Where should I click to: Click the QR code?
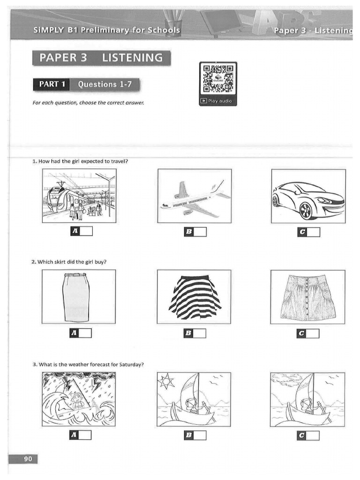(x=218, y=79)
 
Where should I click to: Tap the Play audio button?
(x=218, y=101)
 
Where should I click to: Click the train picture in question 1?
(x=79, y=195)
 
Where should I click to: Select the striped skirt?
(x=194, y=296)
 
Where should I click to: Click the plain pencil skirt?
(x=76, y=297)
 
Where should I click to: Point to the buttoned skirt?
(x=307, y=296)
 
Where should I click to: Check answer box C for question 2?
(x=313, y=333)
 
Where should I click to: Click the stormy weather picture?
(x=78, y=399)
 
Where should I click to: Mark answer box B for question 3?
(x=200, y=435)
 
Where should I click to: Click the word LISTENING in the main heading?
(x=133, y=58)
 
